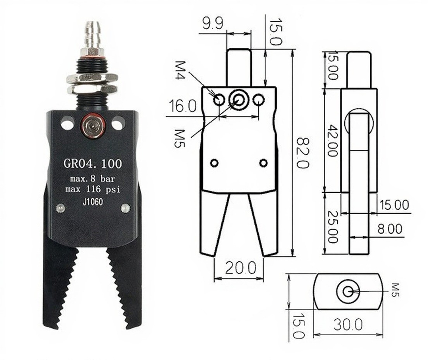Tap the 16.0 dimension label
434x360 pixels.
coord(183,106)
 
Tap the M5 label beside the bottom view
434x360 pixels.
coord(395,290)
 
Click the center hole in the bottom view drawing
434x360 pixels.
coord(348,291)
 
